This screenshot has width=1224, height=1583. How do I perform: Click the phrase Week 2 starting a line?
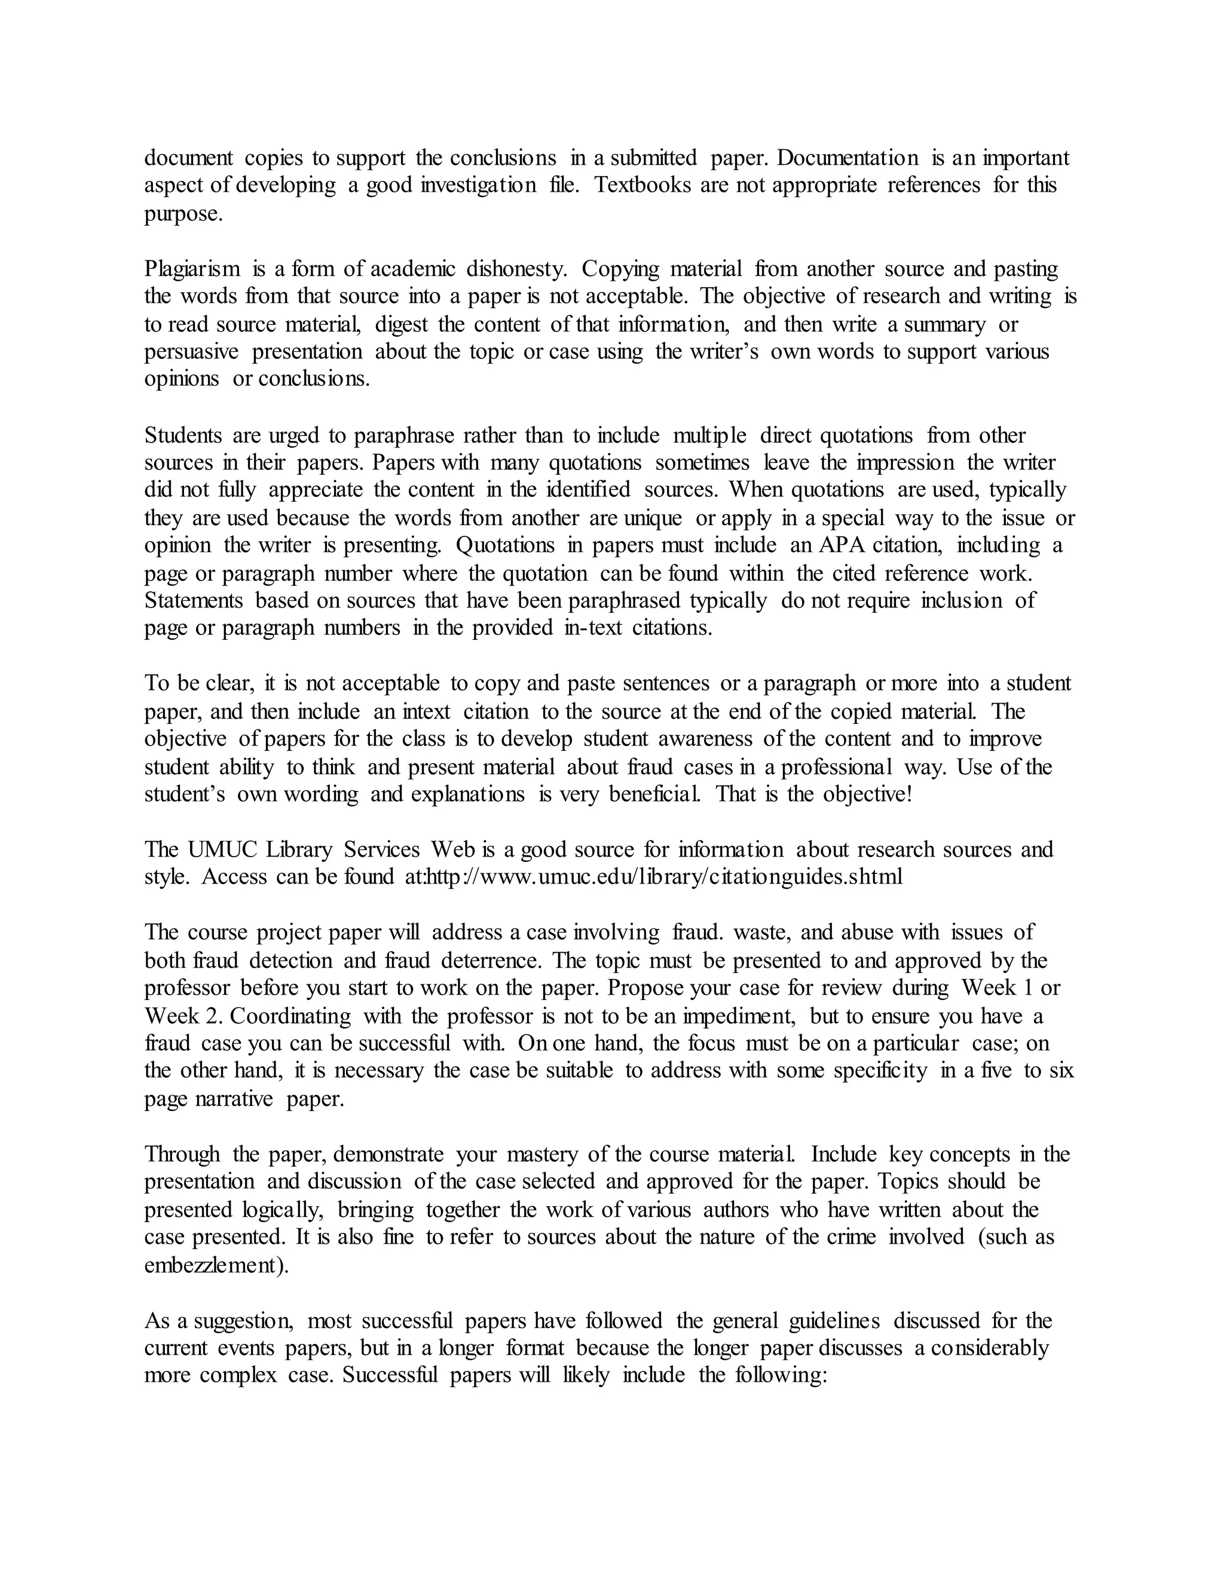(183, 1016)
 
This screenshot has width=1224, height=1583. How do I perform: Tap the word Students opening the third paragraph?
(183, 435)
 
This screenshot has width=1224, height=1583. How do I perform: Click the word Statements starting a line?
(194, 601)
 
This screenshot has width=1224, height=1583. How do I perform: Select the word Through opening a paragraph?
(182, 1155)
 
